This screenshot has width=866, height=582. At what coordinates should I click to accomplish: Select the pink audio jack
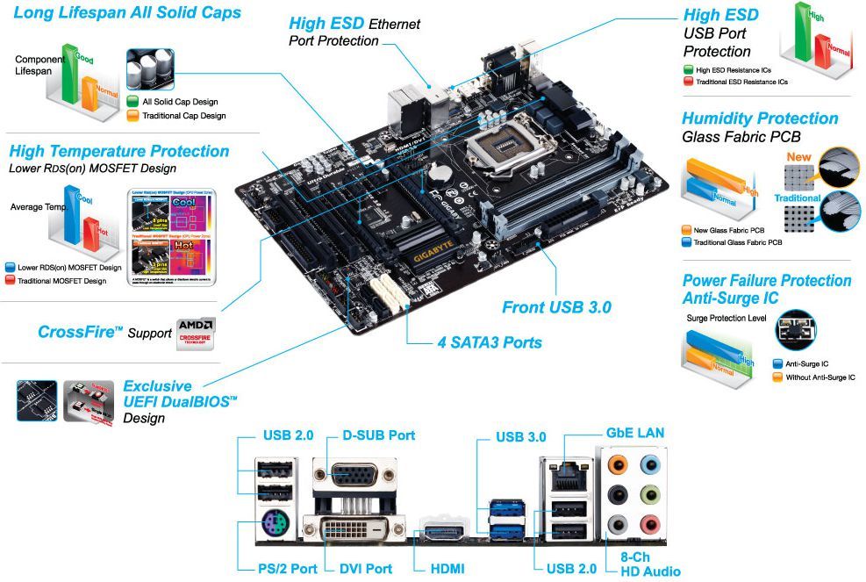point(650,525)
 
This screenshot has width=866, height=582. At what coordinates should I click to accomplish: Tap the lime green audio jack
point(650,494)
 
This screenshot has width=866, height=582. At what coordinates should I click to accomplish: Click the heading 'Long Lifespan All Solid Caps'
point(127,13)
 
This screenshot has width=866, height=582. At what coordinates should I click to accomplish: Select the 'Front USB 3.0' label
point(556,307)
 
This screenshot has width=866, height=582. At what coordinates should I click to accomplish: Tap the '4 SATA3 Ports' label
point(489,341)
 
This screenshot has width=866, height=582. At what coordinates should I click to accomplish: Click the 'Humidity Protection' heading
point(760,119)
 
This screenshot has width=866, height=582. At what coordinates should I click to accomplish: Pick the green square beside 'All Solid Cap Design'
point(132,102)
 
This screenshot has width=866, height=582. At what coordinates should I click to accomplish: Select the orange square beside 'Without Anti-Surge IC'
point(777,377)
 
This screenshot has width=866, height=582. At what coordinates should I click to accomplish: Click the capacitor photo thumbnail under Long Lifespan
point(150,69)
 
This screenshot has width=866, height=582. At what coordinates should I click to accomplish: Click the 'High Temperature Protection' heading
point(118,151)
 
